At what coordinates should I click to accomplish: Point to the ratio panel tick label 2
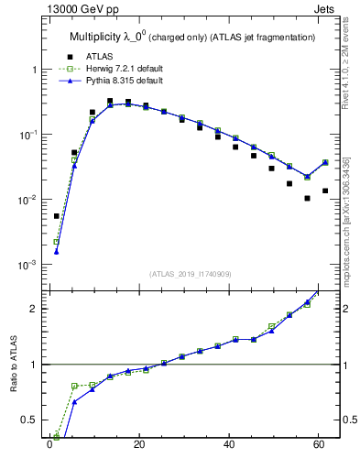(x=32, y=309)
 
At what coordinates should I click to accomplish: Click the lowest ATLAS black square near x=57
(x=308, y=198)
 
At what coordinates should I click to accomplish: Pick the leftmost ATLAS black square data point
(x=56, y=216)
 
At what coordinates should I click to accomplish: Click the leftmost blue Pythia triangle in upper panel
(x=56, y=252)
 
